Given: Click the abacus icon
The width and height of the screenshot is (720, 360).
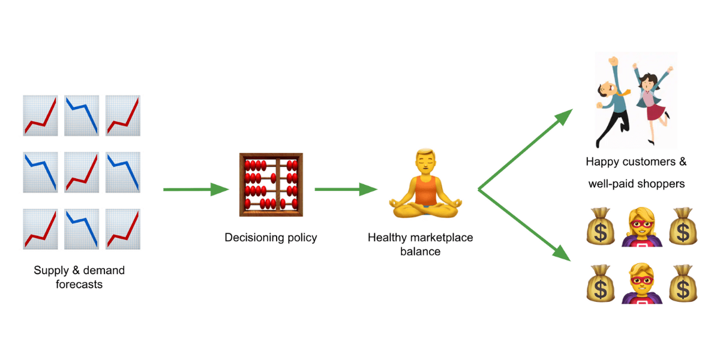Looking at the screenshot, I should tap(271, 185).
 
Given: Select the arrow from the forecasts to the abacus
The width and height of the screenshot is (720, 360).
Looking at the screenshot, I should tap(195, 190).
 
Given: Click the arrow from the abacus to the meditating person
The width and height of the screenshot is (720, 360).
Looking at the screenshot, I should tap(345, 190).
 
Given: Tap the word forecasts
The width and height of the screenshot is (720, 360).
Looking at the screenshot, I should tap(79, 284).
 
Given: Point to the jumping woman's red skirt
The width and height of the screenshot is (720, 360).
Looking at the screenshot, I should tap(656, 112).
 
